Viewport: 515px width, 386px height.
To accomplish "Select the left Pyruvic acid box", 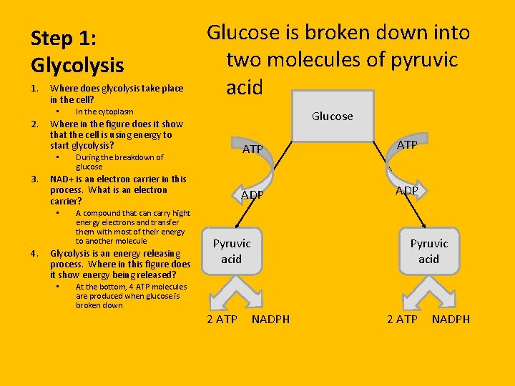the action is point(231,251).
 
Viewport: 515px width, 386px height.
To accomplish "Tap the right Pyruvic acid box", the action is point(428,251).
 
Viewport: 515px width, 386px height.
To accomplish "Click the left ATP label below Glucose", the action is point(252,149).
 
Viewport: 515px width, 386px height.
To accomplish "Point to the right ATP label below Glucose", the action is point(407,145).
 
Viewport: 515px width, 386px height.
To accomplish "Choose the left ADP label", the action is point(252,195).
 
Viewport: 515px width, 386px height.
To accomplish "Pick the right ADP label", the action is point(407,191).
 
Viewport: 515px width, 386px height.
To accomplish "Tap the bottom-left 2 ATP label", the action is point(222,319).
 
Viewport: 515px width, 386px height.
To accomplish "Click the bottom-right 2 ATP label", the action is point(402,319).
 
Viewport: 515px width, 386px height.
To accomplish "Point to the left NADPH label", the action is point(271,319).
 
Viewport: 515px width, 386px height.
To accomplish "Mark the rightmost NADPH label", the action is point(451,319).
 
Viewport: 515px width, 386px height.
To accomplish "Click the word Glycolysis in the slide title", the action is point(77,66).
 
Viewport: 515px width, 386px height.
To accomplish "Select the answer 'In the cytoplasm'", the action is point(104,112).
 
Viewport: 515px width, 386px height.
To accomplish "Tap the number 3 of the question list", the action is point(34,179).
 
